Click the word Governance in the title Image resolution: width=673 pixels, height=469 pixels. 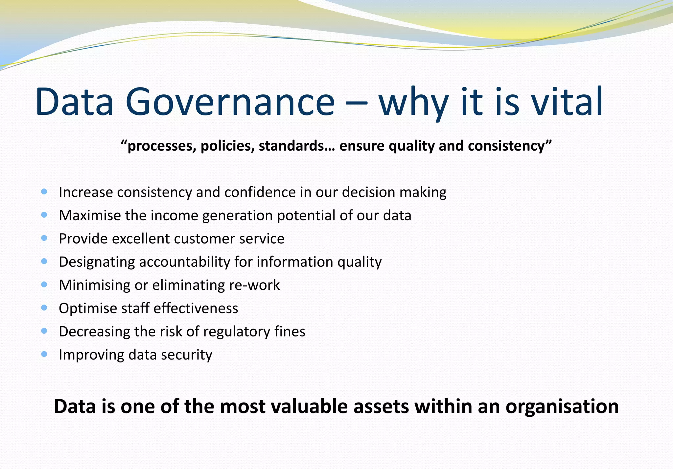point(230,102)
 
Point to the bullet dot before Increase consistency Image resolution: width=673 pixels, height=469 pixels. point(44,191)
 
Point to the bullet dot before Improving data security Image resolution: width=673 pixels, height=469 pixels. point(44,354)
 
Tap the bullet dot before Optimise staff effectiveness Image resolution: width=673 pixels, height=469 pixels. point(44,308)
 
